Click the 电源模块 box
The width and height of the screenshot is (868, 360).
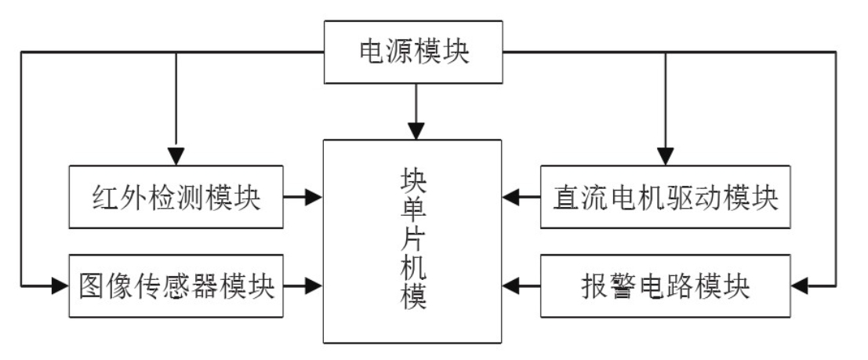[x=413, y=53]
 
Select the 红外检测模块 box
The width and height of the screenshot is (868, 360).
[x=176, y=197]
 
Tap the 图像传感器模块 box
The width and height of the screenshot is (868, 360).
[x=176, y=286]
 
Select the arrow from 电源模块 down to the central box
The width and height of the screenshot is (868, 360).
[x=413, y=110]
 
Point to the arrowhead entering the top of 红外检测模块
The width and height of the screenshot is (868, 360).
[x=176, y=155]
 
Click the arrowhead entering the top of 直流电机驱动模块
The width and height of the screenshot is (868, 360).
[x=665, y=155]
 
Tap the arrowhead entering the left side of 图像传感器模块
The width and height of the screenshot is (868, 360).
[x=60, y=286]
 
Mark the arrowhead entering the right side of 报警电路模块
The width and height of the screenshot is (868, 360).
[x=800, y=286]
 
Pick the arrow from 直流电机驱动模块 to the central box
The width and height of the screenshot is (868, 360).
[x=521, y=197]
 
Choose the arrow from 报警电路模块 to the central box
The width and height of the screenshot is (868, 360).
[x=521, y=286]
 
